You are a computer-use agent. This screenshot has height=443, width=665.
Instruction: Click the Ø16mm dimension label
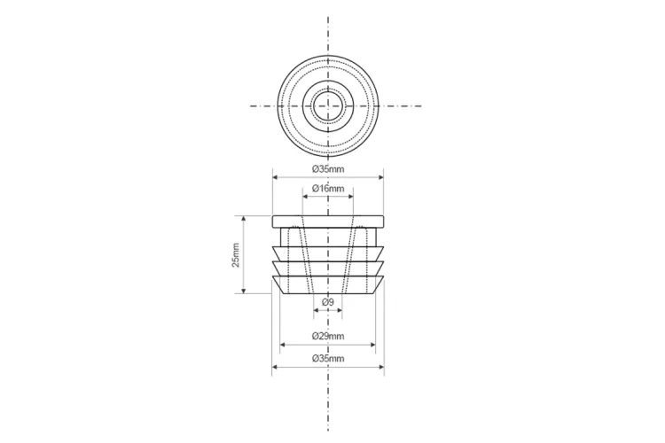328,189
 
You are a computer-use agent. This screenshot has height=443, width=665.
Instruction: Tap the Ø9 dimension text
328,302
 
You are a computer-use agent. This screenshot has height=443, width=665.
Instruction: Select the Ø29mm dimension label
328,337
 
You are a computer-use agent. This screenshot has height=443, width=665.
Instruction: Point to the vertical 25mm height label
235,255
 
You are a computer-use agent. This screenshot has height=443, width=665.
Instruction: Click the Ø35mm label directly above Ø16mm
328,169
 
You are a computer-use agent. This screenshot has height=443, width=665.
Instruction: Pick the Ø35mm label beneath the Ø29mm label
328,359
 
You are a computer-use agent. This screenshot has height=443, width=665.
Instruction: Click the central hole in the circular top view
328,105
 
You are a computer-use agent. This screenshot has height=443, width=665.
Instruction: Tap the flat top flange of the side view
328,221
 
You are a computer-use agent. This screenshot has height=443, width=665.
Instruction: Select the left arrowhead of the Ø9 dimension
317,310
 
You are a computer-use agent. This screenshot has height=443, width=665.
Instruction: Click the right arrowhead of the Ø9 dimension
340,310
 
